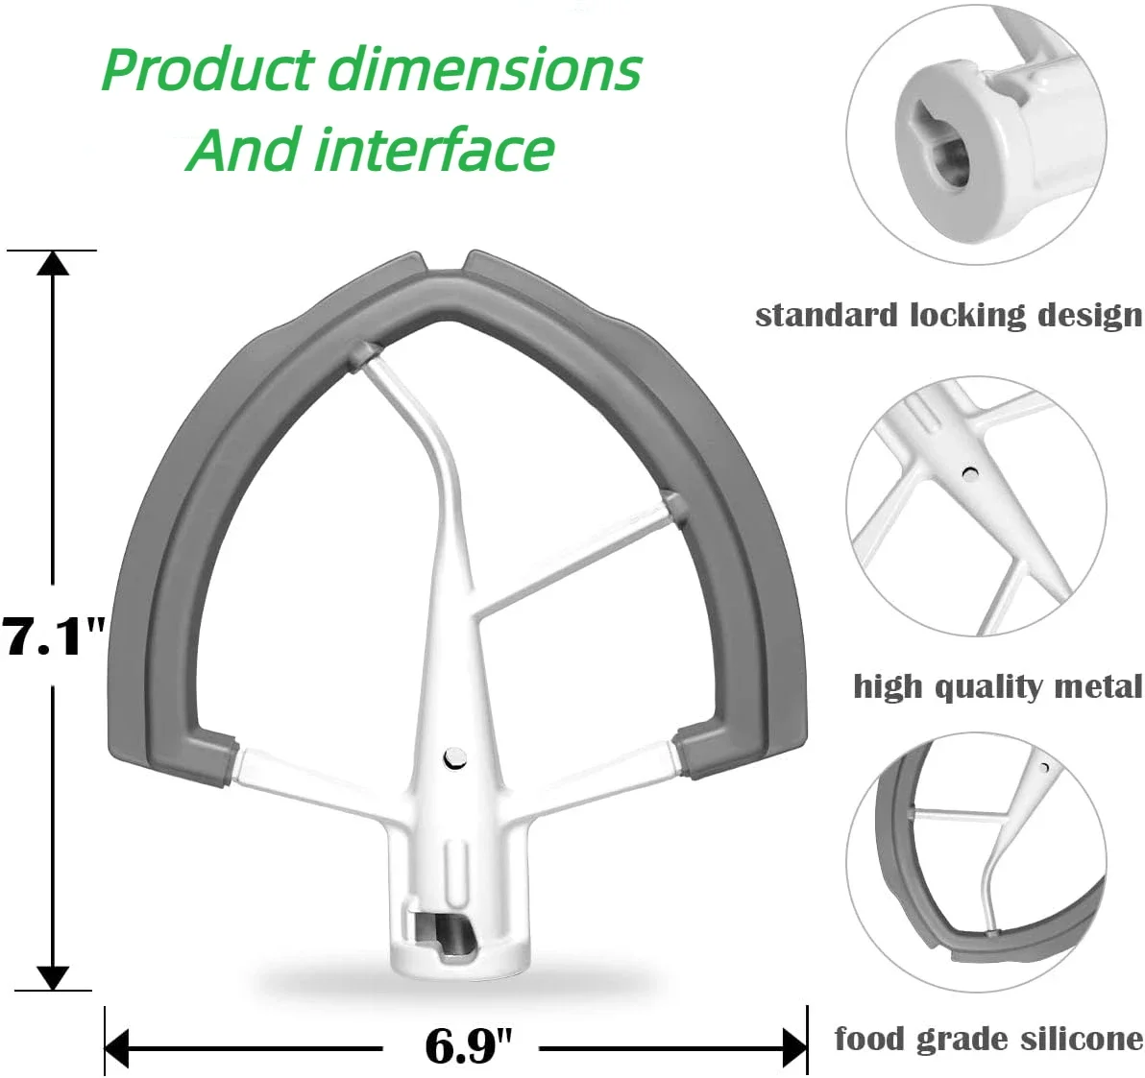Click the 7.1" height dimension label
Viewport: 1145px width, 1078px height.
(53, 635)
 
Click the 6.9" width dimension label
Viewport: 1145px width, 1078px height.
(468, 1045)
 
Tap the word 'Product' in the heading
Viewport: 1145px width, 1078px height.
(207, 69)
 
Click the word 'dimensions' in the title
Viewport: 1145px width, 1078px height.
(484, 69)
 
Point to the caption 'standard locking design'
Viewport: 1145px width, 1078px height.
(948, 315)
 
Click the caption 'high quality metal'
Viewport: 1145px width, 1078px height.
(997, 686)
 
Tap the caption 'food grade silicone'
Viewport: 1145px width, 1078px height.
(988, 1039)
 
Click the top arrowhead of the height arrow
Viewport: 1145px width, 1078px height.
(53, 262)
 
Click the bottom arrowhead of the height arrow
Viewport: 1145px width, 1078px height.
(53, 978)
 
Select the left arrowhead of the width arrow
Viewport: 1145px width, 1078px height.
(117, 1047)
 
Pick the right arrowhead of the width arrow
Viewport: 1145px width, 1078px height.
(794, 1047)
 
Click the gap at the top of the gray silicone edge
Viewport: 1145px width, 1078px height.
(444, 261)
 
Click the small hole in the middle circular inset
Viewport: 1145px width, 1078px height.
(970, 472)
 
